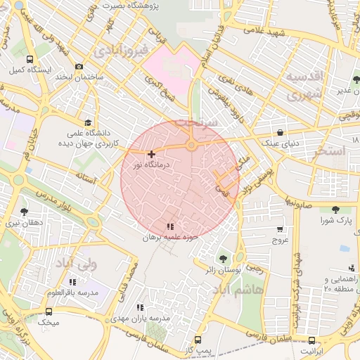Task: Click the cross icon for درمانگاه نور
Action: point(152,153)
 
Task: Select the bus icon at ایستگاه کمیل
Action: point(29,60)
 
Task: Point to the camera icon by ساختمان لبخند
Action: point(79,66)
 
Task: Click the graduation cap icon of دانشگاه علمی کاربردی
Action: point(87,122)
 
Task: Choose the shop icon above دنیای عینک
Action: point(281,132)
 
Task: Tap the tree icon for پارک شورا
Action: point(335,210)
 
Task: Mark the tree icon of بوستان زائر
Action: point(224,258)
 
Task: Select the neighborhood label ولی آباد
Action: point(75,265)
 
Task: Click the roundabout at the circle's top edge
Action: point(191,146)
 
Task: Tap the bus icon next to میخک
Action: point(49,311)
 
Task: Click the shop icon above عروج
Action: point(281,229)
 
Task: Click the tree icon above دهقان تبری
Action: point(25,211)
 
